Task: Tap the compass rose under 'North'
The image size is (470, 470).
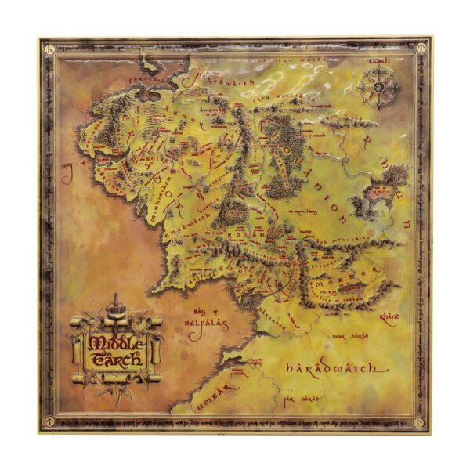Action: (380, 89)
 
